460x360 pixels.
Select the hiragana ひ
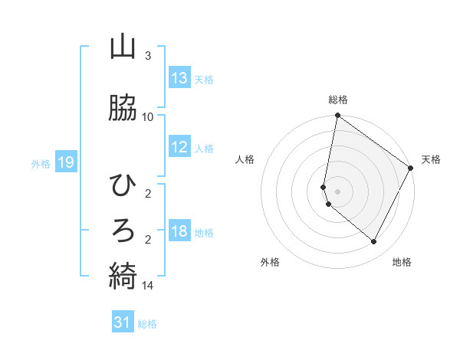point(123,185)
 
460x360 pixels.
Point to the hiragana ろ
point(123,229)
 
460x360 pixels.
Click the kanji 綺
point(123,274)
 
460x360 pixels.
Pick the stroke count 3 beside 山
point(148,57)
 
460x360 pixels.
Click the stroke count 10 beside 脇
point(148,116)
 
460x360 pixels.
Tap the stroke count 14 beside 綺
point(148,286)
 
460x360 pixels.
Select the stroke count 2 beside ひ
point(148,195)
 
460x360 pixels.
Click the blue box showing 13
point(179,78)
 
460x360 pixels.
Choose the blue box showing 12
point(179,147)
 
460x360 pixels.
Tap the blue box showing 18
point(179,231)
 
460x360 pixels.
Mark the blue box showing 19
point(65,162)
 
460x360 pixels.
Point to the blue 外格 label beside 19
point(41,163)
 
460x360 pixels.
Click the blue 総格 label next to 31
point(148,323)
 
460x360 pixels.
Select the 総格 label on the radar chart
point(338,100)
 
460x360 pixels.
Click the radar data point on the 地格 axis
point(373,242)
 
